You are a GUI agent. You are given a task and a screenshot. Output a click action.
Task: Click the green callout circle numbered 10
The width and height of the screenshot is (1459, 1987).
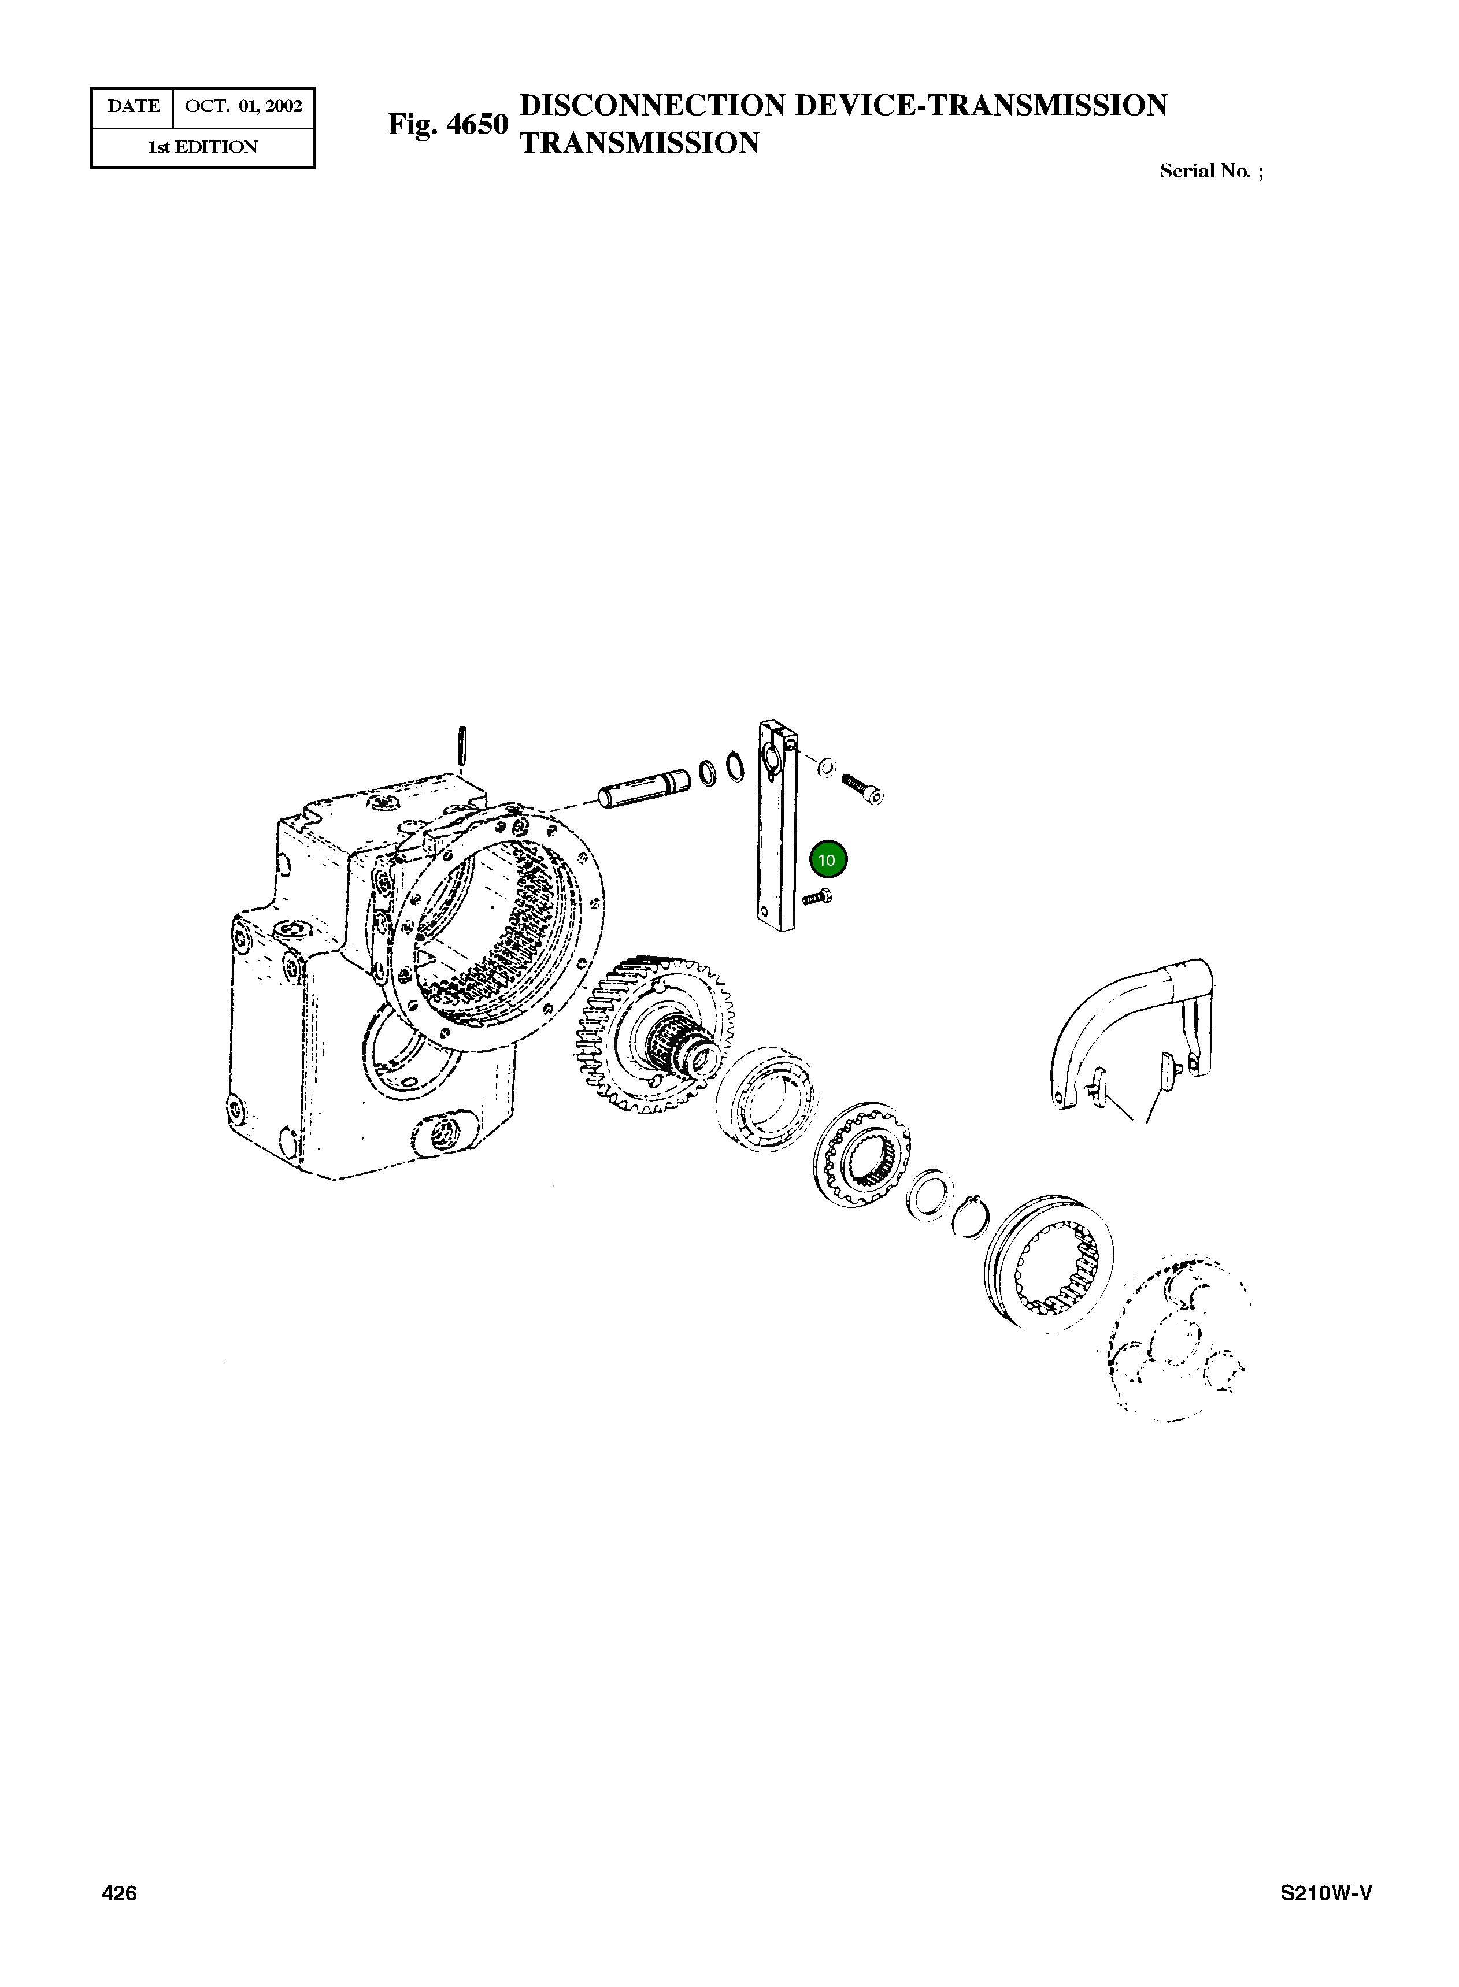(828, 859)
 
